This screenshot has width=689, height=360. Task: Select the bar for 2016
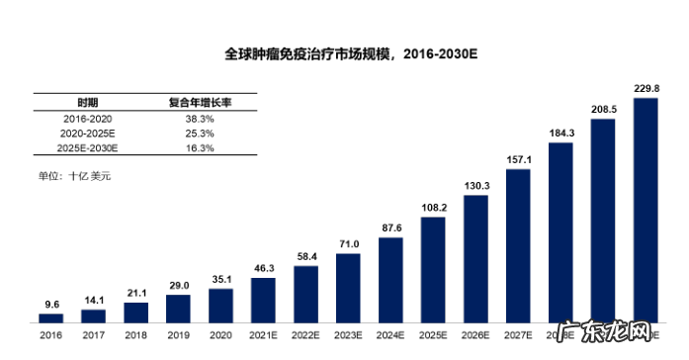tap(50, 317)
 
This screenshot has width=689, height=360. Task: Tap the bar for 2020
tap(220, 305)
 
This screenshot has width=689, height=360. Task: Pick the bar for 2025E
tap(433, 269)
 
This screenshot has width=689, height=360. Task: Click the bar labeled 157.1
tap(518, 245)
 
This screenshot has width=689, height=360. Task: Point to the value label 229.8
tap(646, 88)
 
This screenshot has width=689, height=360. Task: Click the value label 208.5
tap(603, 110)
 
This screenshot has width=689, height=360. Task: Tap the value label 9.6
tap(50, 305)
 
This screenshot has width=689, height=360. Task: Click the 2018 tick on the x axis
tap(135, 336)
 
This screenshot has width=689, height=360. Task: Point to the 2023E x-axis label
tap(348, 336)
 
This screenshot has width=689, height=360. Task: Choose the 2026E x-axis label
tap(475, 336)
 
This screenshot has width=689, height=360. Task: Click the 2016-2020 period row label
tap(89, 118)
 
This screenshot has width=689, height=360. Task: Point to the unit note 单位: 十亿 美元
tap(75, 176)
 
